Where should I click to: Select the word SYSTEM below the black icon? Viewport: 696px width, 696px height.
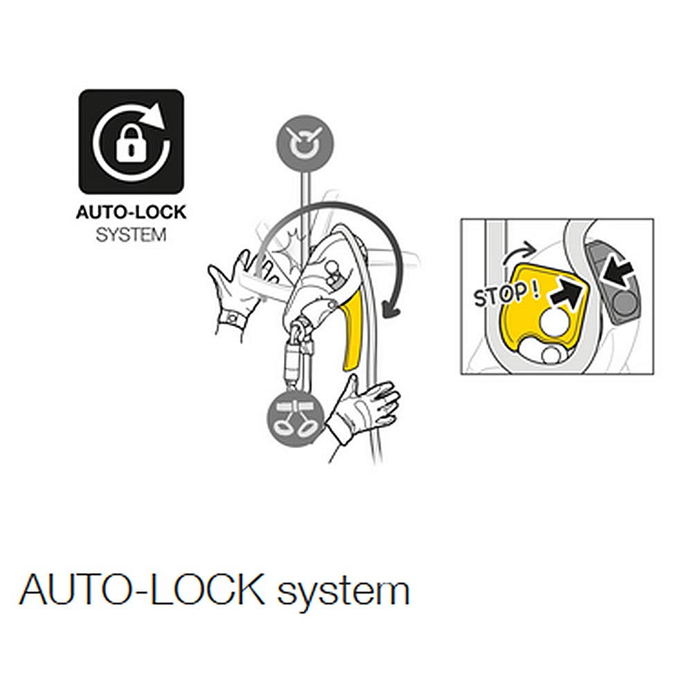tap(131, 235)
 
